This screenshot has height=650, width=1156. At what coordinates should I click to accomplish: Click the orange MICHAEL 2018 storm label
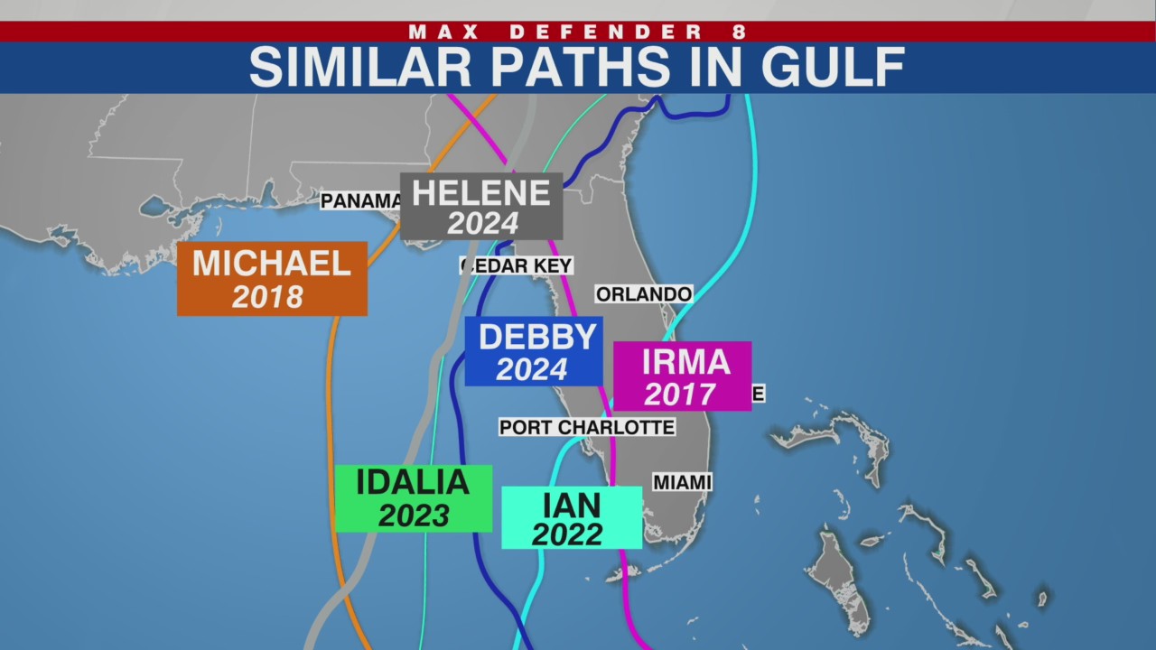coord(272,278)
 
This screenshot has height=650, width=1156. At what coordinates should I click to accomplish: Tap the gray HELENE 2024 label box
coord(481,207)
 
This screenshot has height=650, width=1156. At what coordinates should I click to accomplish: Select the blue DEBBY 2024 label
coord(533,351)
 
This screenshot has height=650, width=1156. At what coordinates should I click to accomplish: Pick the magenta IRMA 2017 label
coord(682,376)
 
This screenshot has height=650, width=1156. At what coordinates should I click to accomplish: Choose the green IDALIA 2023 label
coord(413,497)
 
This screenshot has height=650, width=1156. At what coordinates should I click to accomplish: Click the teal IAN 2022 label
coord(572,517)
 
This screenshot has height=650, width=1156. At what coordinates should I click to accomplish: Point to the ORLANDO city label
coord(643,294)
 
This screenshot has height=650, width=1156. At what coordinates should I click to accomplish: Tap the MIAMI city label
coord(682,483)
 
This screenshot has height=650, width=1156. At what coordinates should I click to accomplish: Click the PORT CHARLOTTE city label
coord(587,427)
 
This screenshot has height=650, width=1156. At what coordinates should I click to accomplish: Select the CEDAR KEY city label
coord(517,265)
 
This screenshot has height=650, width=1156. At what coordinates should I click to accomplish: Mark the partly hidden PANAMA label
coord(360,200)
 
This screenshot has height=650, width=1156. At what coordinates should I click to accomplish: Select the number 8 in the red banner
coord(740,32)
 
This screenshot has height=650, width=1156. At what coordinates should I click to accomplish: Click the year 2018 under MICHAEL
coord(267,296)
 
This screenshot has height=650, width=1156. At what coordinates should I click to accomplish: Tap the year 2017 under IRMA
coord(679,394)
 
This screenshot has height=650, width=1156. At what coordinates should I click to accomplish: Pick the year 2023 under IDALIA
coord(414,515)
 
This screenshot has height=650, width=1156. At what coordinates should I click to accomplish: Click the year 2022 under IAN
coord(567,534)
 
